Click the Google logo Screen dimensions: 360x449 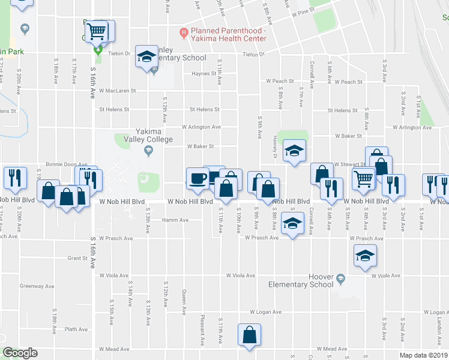pyautogui.click(x=20, y=353)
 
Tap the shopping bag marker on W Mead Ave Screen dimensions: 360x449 pyautogui.click(x=250, y=335)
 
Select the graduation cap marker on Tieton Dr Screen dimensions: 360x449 pyautogui.click(x=145, y=56)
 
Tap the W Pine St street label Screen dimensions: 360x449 pyautogui.click(x=303, y=12)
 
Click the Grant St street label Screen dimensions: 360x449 pyautogui.click(x=78, y=259)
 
